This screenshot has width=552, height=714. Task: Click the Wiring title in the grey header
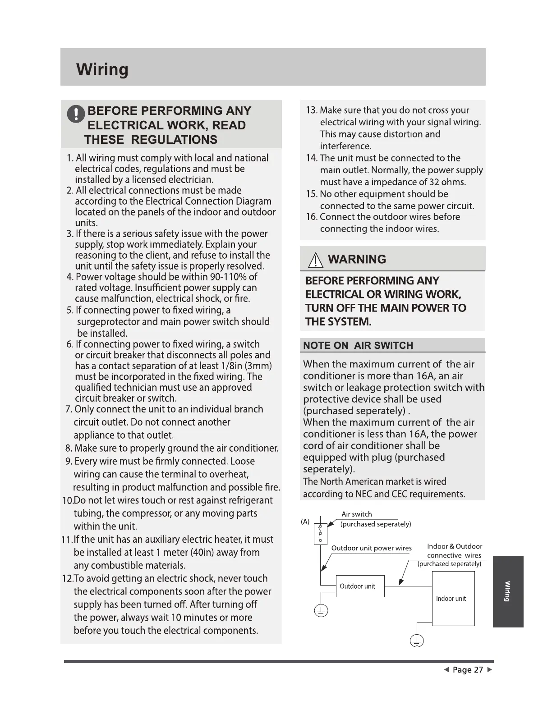[102, 69]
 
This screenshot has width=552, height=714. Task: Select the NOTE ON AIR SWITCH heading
[358, 345]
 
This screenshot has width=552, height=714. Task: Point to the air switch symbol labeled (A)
[320, 533]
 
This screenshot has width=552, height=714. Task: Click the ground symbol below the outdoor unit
[321, 611]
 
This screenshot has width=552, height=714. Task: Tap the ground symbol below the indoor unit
[417, 641]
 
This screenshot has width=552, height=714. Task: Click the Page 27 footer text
[468, 670]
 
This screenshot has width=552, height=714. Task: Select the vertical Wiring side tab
[508, 591]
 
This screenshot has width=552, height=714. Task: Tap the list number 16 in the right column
[311, 217]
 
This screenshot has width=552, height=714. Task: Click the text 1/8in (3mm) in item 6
[245, 366]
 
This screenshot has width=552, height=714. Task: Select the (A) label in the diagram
[305, 522]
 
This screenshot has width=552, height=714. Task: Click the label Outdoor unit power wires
[371, 548]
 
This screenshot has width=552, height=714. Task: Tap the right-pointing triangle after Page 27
[490, 670]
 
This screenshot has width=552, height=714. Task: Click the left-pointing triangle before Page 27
[446, 670]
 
